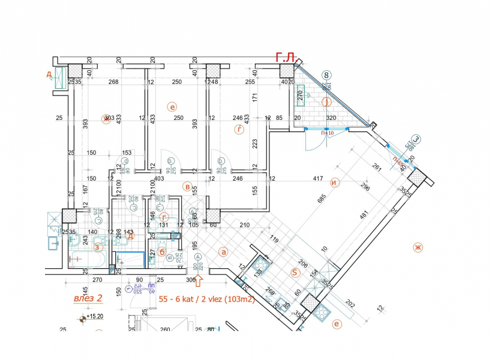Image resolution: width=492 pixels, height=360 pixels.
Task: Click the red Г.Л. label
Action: coord(285,58)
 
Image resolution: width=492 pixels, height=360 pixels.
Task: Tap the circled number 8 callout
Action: coord(326,76)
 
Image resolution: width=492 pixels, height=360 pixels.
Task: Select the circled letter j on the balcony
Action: coord(326,102)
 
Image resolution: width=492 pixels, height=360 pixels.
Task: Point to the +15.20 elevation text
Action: coord(96,317)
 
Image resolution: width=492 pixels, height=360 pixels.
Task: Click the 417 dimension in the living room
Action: coord(318,178)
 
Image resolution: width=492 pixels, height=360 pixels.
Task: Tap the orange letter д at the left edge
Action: coord(48,74)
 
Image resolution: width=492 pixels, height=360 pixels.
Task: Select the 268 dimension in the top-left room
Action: coord(113,82)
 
